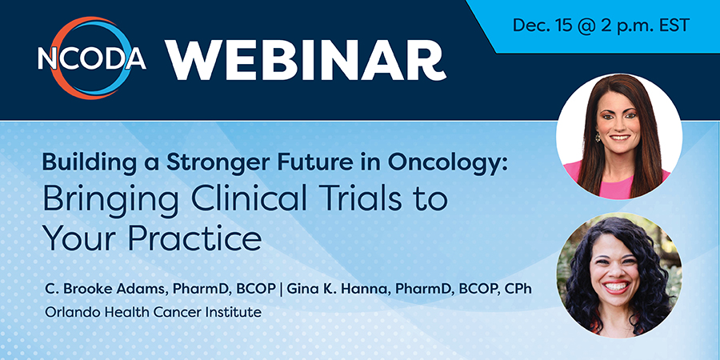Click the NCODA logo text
point(92,59)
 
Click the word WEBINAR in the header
point(306,61)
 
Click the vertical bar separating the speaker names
point(282,290)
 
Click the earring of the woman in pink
point(598,138)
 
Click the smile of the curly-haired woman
point(616,287)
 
